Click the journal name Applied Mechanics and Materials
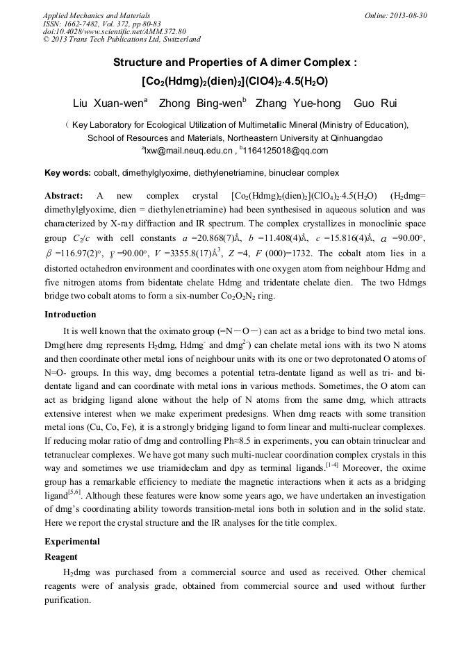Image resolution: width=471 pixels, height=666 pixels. click(x=97, y=15)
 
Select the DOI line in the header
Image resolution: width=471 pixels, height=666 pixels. click(x=115, y=31)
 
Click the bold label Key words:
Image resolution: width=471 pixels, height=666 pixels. click(x=67, y=172)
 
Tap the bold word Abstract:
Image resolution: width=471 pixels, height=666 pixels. click(x=64, y=196)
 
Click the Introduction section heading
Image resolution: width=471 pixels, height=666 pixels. click(x=70, y=315)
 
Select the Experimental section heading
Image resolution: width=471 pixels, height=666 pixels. click(x=72, y=541)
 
